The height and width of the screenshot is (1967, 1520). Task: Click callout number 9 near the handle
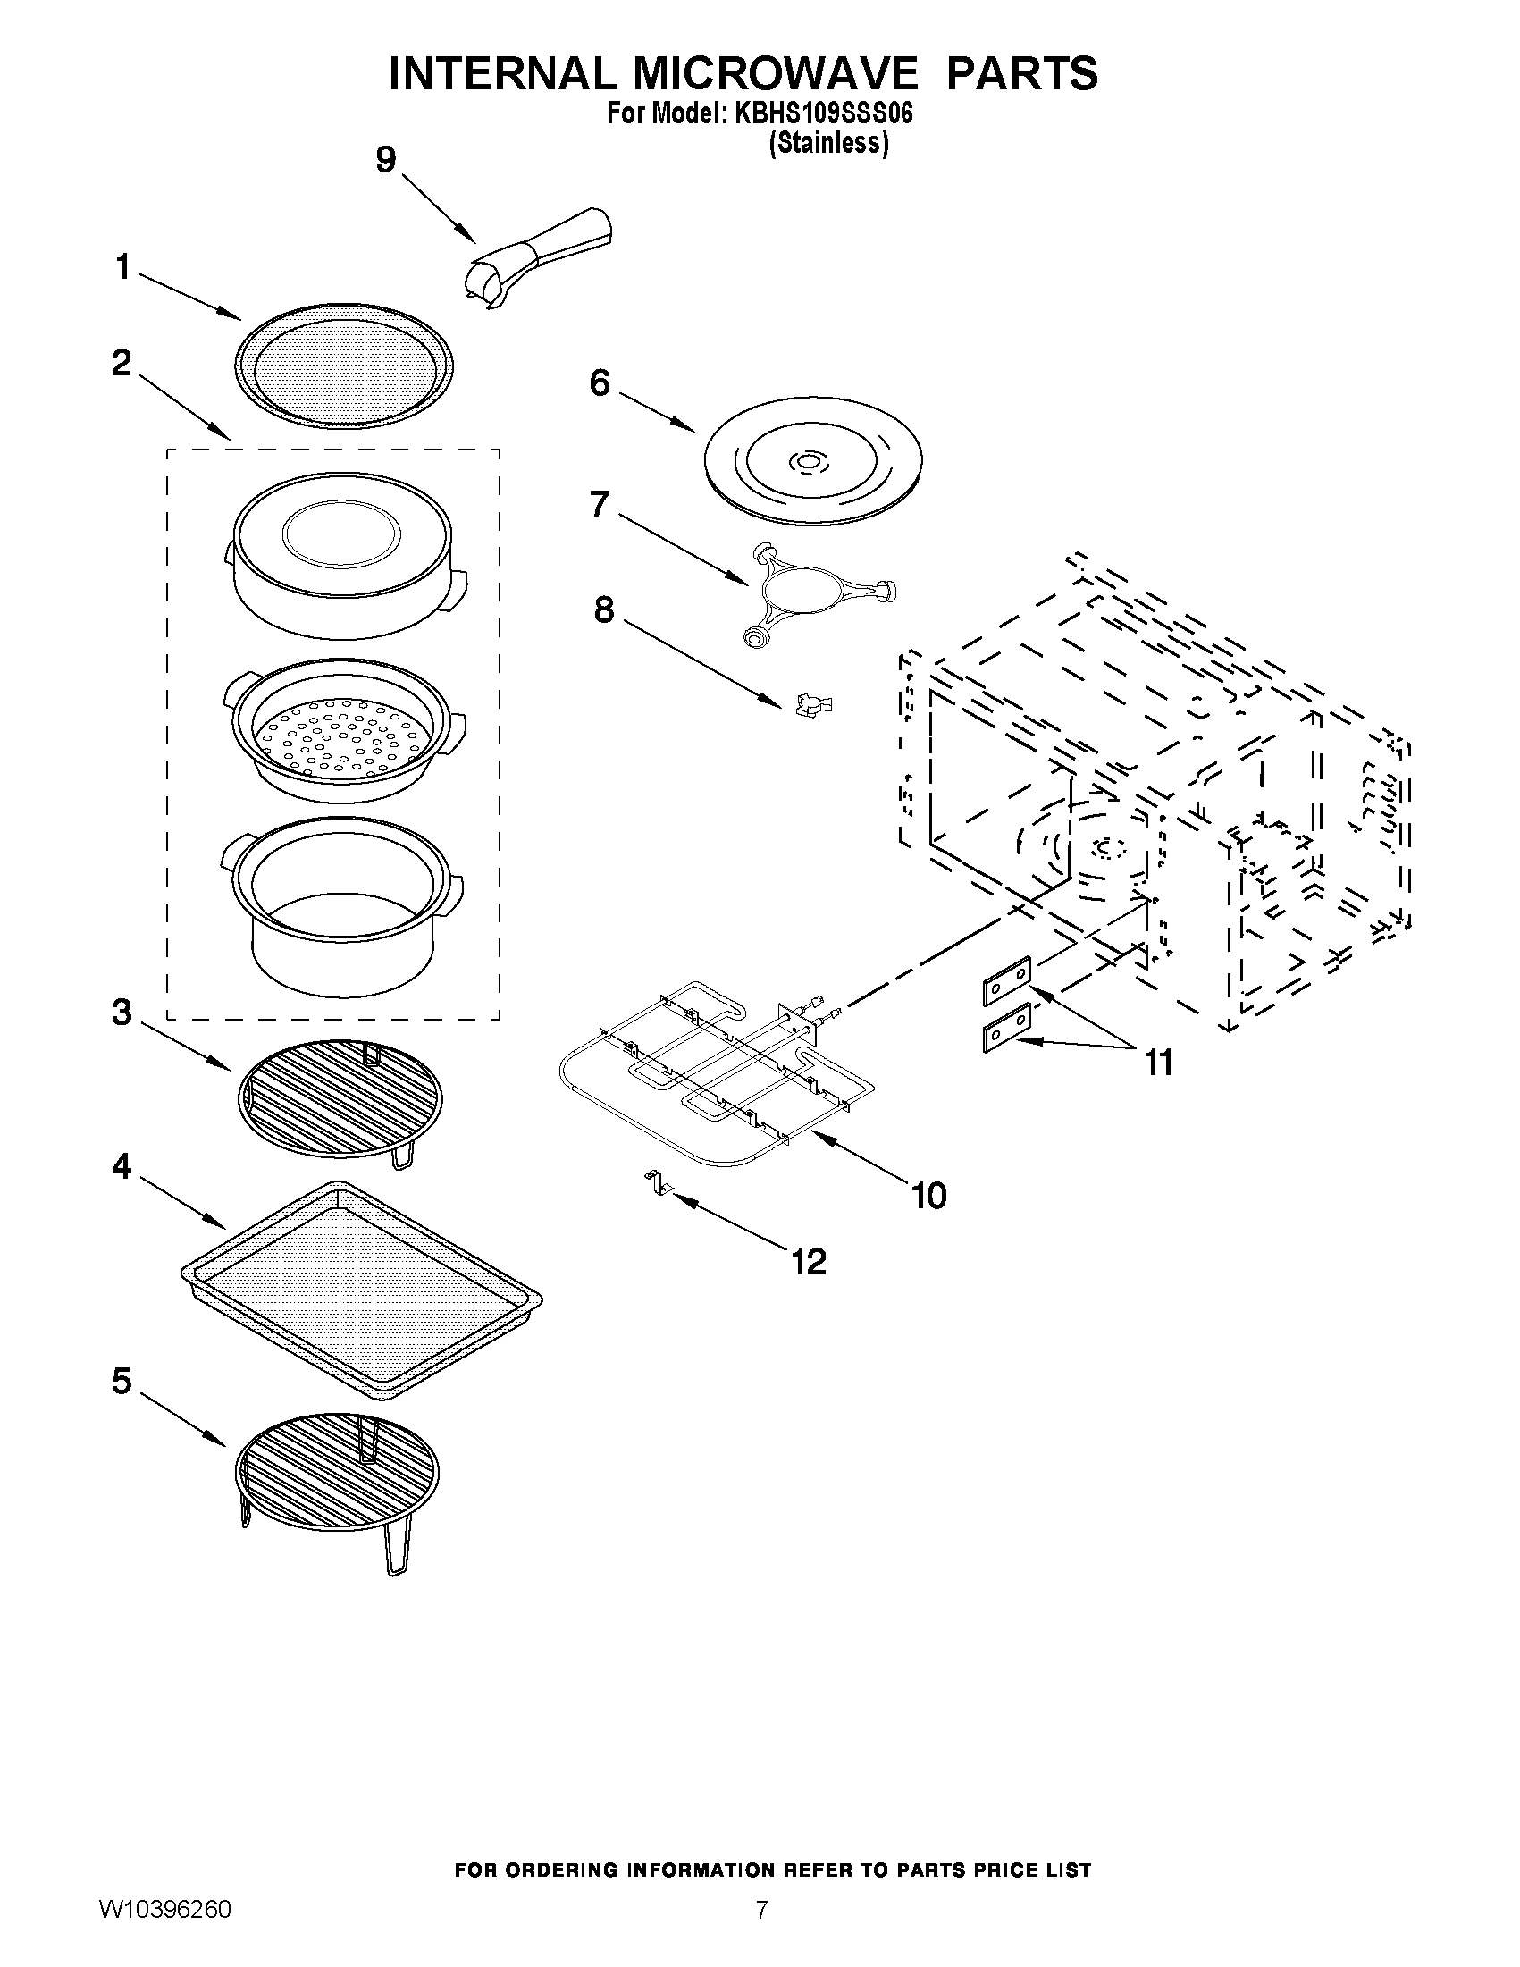pyautogui.click(x=385, y=160)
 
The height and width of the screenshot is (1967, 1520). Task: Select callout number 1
pyautogui.click(x=123, y=267)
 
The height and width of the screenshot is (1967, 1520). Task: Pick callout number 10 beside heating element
pyautogui.click(x=928, y=1196)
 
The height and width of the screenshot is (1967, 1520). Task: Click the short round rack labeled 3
pyautogui.click(x=340, y=1096)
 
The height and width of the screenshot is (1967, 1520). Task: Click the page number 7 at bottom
pyautogui.click(x=762, y=1935)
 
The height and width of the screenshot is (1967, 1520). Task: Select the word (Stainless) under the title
pyautogui.click(x=827, y=143)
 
